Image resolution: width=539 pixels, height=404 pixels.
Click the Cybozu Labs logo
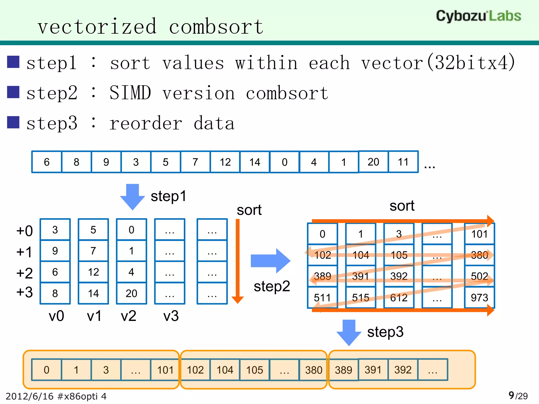coord(478,16)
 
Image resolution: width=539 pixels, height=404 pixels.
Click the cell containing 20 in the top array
coord(373,162)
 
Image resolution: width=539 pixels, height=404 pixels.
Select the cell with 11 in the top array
coord(403,162)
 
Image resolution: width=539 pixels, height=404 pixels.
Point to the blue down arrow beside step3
coord(349,332)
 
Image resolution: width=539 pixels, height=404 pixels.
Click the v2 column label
coord(128,316)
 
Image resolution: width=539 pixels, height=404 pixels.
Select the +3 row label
coord(24,292)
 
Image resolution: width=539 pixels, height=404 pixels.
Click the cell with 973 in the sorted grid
coord(479,297)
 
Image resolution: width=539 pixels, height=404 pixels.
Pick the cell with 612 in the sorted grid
coord(399,297)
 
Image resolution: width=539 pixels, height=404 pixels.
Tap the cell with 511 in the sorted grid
coord(322,297)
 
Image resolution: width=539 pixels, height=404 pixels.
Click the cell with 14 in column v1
coord(93,293)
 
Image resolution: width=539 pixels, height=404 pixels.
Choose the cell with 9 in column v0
coord(55,251)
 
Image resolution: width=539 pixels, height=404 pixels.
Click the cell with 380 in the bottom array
coord(313,370)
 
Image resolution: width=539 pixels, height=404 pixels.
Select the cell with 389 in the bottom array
coord(343,370)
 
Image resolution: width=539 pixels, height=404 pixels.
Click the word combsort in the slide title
coord(216,27)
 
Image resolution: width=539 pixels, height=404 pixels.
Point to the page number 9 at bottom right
coord(511,395)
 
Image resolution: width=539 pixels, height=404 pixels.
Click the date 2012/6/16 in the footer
coord(29,396)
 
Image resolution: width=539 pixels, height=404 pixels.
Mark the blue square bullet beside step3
coord(13,122)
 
